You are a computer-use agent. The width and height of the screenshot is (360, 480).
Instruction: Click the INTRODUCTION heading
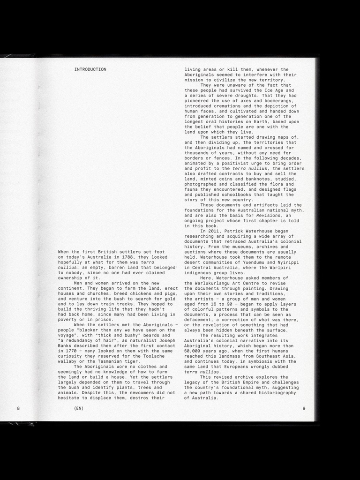click(90, 69)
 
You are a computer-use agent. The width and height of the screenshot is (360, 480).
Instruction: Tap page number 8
click(18, 408)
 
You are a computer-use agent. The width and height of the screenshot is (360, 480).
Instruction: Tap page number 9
click(304, 408)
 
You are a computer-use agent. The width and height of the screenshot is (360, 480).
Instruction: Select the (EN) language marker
click(79, 408)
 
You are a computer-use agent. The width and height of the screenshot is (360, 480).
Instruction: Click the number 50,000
click(194, 351)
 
